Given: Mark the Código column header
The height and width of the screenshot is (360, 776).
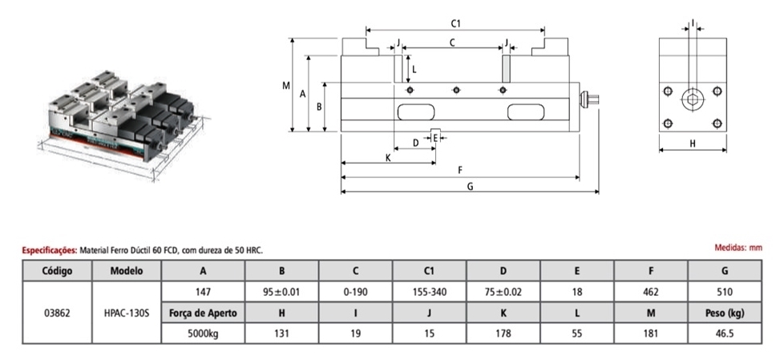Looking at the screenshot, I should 58,271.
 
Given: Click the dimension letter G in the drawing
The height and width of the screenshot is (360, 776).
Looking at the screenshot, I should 470,186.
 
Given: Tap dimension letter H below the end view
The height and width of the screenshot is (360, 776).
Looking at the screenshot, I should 692,144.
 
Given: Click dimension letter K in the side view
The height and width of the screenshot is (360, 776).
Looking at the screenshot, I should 387,157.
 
